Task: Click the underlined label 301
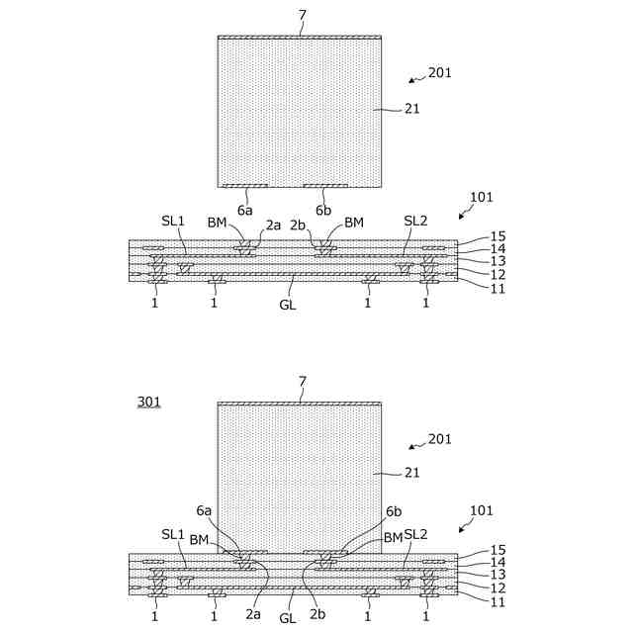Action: (148, 402)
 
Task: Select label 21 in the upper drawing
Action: (411, 109)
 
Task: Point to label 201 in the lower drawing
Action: (440, 438)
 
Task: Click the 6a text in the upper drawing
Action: (244, 210)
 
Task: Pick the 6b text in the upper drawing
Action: (323, 210)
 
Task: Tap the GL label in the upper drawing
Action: (289, 304)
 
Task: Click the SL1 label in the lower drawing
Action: (173, 534)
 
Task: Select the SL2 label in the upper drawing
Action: (415, 221)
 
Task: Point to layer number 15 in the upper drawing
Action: (497, 236)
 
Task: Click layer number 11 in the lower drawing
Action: (497, 601)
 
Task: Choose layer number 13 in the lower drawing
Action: (497, 574)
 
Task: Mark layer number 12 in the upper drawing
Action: (497, 274)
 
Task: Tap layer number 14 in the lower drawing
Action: (497, 562)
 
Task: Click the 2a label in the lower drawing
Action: (253, 614)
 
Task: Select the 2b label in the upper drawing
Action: (298, 225)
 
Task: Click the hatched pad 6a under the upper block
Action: (244, 186)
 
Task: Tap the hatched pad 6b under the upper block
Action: (325, 186)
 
